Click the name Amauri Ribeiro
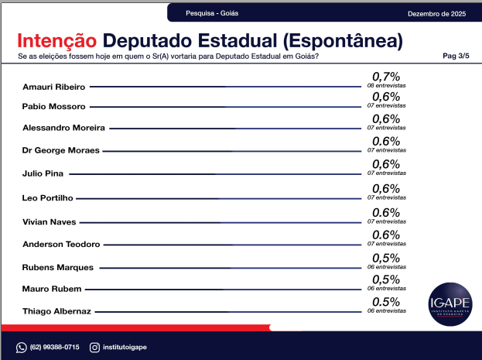pos(53,87)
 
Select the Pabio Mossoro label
pos(54,105)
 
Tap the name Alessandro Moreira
pos(64,127)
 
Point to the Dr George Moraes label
pos(61,150)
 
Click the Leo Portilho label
pos(49,198)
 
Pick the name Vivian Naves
pos(49,221)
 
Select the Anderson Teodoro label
pos(62,245)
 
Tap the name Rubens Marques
pos(58,268)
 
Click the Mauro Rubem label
pos(52,289)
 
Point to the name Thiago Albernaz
pos(57,311)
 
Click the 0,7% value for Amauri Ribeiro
pos(386,76)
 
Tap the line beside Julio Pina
pos(216,174)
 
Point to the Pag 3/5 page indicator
pos(456,57)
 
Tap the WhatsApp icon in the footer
pos(22,347)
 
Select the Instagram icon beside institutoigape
pos(94,347)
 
